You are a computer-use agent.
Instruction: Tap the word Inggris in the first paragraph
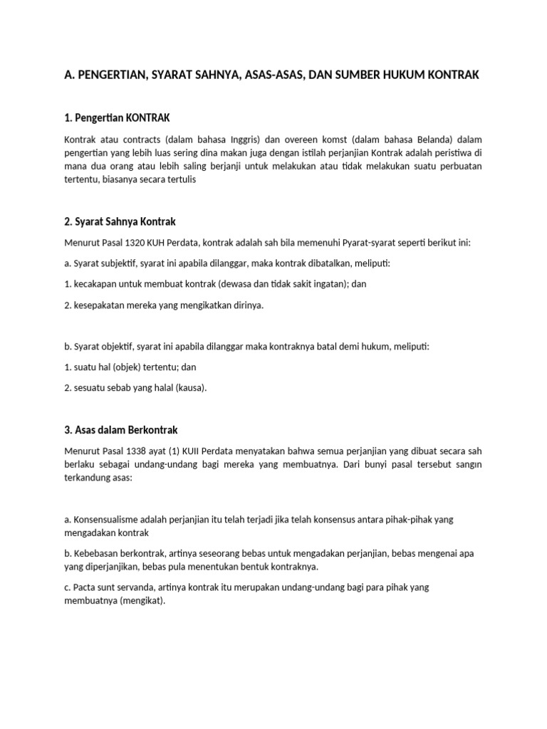click(231, 139)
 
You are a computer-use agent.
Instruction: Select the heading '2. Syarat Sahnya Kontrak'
click(125, 221)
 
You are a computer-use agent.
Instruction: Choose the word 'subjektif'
click(118, 263)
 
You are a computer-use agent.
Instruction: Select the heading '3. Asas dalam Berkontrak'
click(120, 430)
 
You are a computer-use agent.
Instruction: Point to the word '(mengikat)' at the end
click(142, 601)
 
